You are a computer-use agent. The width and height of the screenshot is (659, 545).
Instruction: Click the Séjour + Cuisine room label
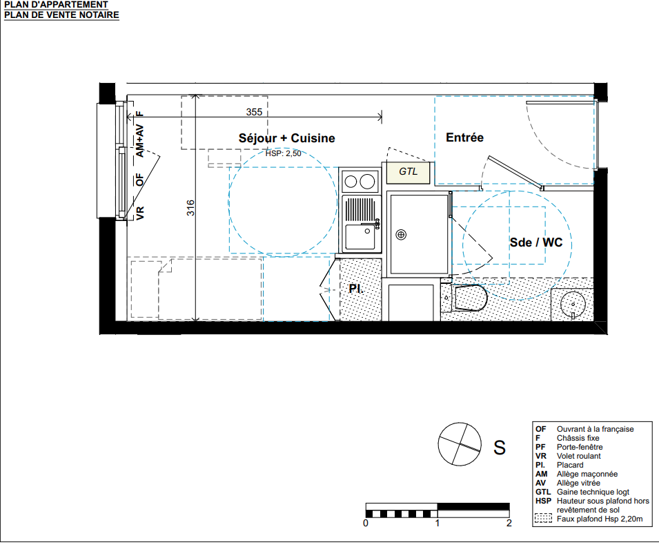[286, 138]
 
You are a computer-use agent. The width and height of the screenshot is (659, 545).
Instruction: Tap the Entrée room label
[464, 137]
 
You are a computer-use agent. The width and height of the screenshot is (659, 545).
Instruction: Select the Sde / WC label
[536, 242]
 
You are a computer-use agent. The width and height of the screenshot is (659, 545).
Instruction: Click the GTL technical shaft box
[408, 173]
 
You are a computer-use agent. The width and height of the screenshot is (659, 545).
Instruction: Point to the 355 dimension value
[254, 112]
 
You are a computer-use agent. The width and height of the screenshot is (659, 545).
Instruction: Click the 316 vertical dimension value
[190, 208]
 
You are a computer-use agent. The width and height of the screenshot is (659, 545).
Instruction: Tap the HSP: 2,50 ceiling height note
[284, 153]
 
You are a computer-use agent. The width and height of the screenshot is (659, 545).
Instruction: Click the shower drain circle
[401, 234]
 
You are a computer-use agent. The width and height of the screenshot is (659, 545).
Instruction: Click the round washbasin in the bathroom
[573, 303]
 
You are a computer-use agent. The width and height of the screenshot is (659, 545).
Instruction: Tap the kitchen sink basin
[360, 238]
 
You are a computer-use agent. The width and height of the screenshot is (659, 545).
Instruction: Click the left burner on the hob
[351, 182]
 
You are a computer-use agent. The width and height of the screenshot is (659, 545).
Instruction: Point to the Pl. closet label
[356, 289]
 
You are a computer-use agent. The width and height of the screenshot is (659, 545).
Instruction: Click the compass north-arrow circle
[460, 444]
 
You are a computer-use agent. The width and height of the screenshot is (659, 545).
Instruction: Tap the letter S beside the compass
[500, 448]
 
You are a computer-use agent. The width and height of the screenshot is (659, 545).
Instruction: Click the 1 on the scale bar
[437, 523]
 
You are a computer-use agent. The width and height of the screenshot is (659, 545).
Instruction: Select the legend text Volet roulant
[579, 456]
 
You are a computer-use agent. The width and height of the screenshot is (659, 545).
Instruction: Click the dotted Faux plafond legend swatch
[543, 519]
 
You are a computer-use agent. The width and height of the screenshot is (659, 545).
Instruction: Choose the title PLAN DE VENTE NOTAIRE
[62, 15]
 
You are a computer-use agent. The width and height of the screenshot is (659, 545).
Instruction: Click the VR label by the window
[140, 213]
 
